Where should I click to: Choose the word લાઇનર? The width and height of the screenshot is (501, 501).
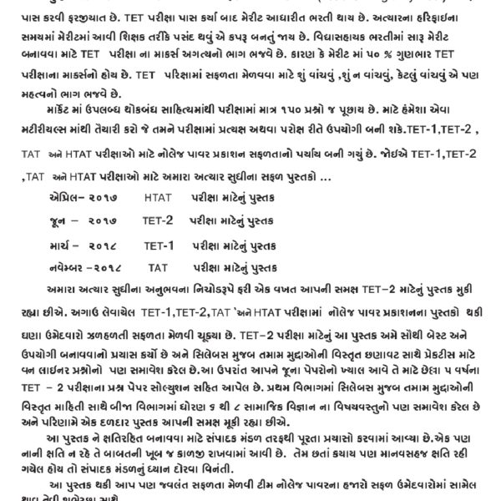coord(55,367)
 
